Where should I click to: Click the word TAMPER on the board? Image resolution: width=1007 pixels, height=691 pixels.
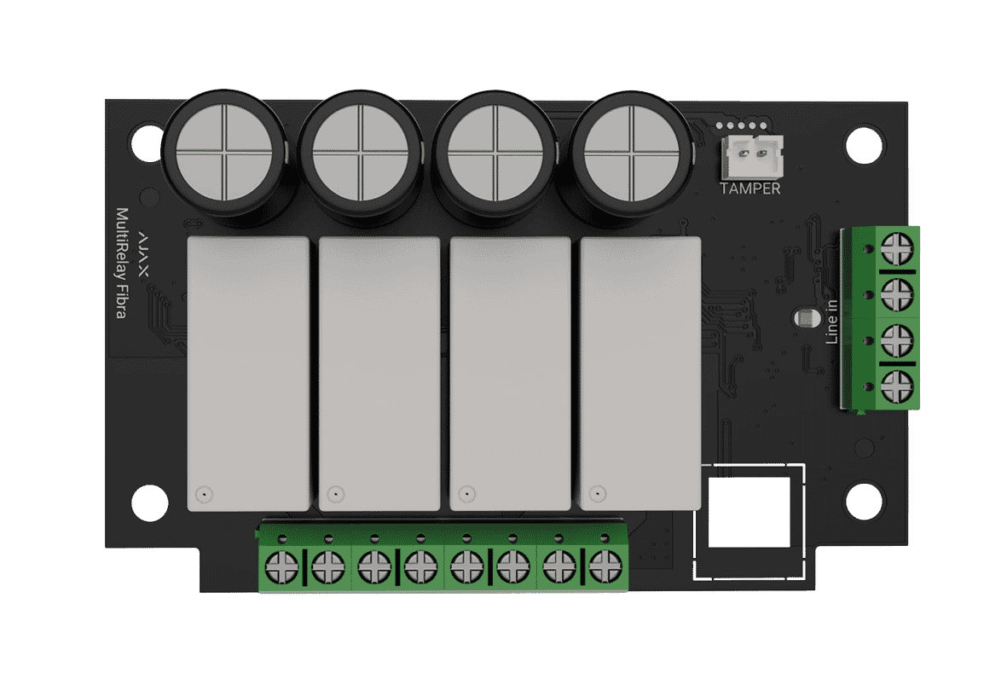point(749,189)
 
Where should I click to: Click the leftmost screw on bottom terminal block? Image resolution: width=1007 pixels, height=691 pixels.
point(281,565)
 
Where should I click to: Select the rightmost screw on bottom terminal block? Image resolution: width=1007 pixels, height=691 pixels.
point(603,565)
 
